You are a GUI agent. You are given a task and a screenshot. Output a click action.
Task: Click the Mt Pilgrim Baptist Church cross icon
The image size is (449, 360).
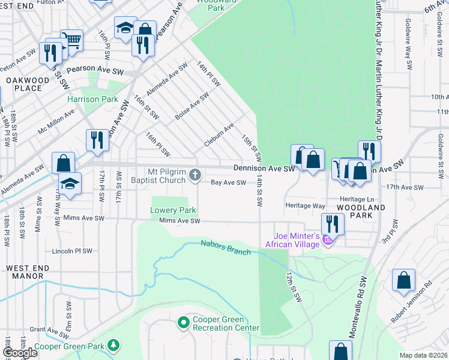(x=194, y=175)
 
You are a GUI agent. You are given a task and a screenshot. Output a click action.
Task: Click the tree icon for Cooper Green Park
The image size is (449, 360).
(x=112, y=346)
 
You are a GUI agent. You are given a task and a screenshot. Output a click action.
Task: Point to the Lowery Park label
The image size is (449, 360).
(x=173, y=211)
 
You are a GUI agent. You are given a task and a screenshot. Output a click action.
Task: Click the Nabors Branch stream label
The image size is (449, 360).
(x=226, y=247)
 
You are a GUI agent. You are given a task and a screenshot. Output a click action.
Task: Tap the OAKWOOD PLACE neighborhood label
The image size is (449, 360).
(x=24, y=84)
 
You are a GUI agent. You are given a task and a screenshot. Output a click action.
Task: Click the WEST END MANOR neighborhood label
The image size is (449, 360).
(x=25, y=272)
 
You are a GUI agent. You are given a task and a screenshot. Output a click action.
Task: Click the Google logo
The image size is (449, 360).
(x=20, y=353)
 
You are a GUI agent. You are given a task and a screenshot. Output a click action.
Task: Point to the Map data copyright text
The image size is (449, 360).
(x=423, y=355)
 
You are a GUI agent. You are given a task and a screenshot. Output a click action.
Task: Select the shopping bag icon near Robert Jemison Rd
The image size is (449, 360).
(x=403, y=280)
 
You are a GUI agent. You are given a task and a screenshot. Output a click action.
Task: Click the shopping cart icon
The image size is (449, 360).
(x=71, y=40)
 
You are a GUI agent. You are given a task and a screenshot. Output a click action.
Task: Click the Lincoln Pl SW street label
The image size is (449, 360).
(x=72, y=251)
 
